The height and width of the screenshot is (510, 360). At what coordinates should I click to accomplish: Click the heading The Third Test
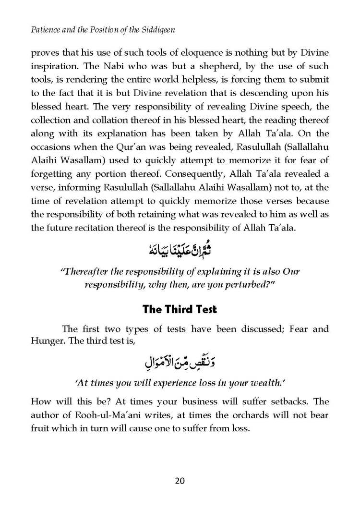(180, 309)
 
